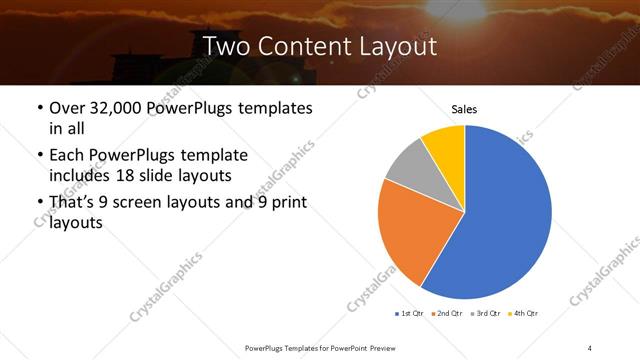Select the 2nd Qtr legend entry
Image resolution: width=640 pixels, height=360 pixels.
(x=446, y=314)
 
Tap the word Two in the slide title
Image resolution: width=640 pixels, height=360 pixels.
(x=226, y=46)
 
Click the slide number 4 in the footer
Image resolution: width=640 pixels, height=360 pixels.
(x=590, y=346)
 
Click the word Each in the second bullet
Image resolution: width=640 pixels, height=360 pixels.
(x=67, y=156)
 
